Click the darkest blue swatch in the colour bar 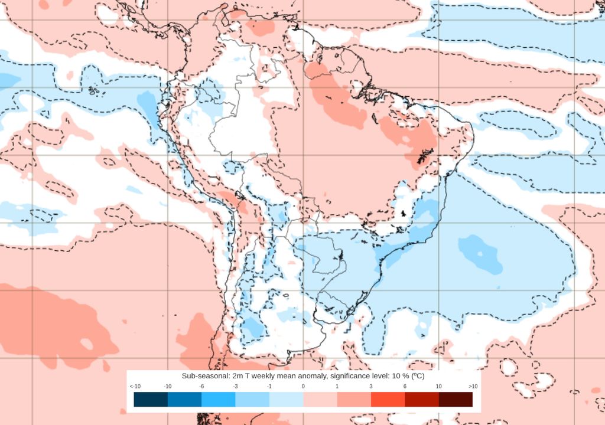coord(151,400)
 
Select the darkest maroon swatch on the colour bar coord(456,400)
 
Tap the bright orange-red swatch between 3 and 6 coord(388,400)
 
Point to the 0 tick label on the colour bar coord(303,386)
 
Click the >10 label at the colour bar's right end coord(473,386)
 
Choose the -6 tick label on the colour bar coord(201,386)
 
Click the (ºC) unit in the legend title coord(417,376)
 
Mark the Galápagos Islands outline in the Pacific coord(93,91)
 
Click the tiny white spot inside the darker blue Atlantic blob coord(480,254)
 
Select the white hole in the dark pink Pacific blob coord(87,344)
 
